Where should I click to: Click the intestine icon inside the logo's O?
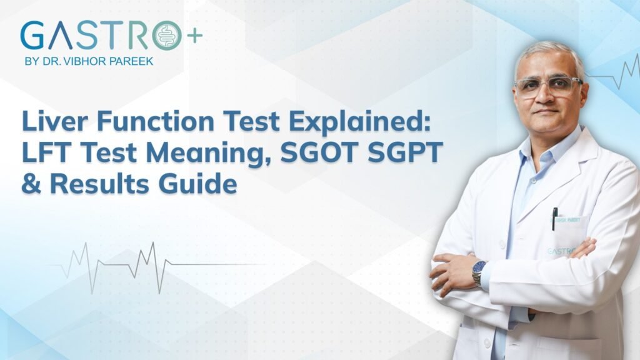[167, 35]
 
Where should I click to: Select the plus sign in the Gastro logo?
[194, 35]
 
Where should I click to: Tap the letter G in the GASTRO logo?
[33, 36]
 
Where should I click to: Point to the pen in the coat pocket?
[554, 219]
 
